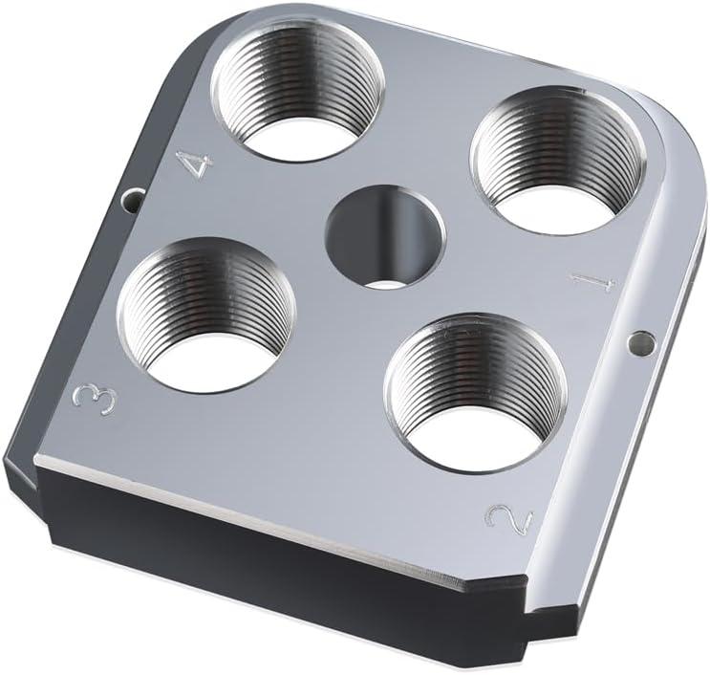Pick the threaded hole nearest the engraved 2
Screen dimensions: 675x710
pyautogui.click(x=475, y=392)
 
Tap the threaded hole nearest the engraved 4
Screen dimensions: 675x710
pyautogui.click(x=295, y=90)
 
